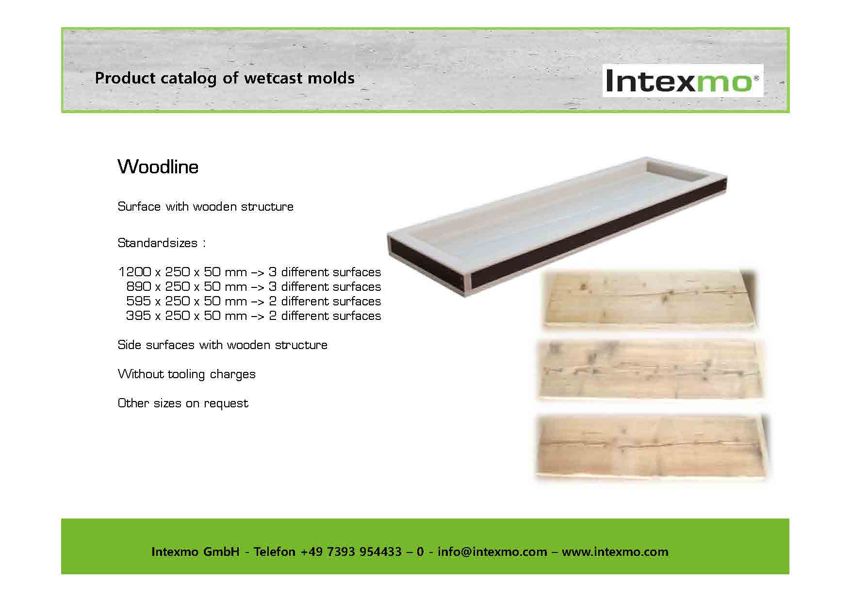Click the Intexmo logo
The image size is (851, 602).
[683, 81]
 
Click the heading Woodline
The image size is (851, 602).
[158, 167]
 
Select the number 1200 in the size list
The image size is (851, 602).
[134, 272]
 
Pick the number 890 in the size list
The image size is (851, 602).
[138, 286]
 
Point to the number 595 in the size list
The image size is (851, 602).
[138, 301]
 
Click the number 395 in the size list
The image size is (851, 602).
[138, 316]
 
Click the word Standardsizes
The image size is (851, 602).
[158, 243]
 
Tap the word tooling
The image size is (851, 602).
[187, 374]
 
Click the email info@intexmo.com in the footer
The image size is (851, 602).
[492, 552]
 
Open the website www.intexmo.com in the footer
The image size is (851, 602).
[615, 552]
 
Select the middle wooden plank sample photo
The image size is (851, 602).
[650, 370]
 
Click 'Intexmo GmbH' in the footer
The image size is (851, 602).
[196, 552]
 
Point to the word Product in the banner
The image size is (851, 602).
[125, 78]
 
